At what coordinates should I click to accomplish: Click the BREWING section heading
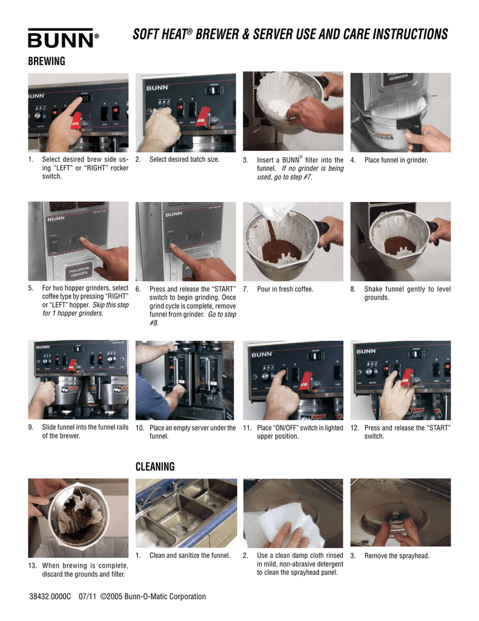click(47, 62)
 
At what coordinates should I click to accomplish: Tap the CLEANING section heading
click(155, 466)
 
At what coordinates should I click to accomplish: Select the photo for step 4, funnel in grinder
click(400, 112)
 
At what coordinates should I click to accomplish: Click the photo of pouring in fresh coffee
click(293, 241)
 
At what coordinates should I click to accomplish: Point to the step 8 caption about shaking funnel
click(407, 294)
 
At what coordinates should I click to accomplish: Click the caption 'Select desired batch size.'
click(184, 160)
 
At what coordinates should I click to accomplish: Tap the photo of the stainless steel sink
click(185, 512)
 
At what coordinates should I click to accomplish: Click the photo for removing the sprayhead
click(400, 512)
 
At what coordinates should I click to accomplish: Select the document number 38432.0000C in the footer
click(50, 597)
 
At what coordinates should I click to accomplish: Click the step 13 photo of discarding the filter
click(78, 517)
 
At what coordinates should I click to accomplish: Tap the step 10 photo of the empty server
click(185, 380)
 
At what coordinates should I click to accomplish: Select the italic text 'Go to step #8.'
click(193, 319)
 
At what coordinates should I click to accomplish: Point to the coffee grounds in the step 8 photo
click(400, 245)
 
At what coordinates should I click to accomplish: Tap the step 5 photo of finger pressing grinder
click(78, 241)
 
